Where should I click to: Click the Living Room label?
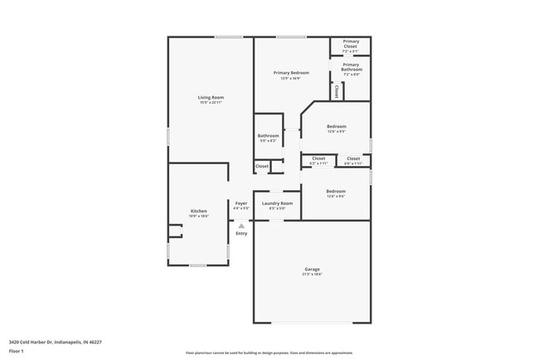point(211,97)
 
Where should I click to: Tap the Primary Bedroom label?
point(291,73)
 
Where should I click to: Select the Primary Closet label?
point(351,43)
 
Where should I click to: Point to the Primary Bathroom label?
point(351,66)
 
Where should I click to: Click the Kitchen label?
point(198,211)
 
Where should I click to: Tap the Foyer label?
point(240,203)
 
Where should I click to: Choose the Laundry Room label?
point(277,203)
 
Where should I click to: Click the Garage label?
point(312,269)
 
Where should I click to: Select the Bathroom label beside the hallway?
point(268,135)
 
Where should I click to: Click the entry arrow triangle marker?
point(241,225)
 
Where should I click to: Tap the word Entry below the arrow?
point(241,233)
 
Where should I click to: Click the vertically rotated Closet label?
point(337,92)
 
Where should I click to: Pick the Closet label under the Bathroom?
point(261,167)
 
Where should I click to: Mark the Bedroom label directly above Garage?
point(336,191)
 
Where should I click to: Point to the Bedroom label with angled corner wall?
point(336,126)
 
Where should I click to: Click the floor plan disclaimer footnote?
point(269,353)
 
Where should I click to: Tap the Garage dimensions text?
point(312,274)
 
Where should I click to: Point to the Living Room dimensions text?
point(211,102)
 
